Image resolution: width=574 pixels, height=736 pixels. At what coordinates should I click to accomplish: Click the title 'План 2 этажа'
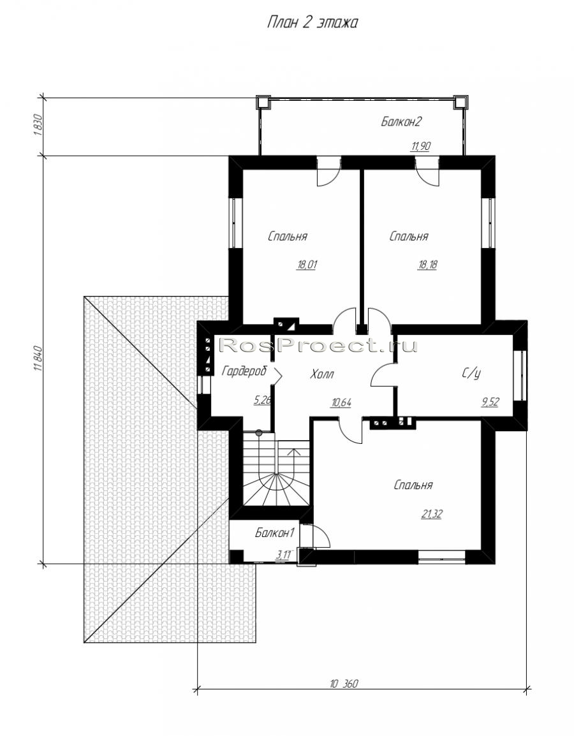click(312, 22)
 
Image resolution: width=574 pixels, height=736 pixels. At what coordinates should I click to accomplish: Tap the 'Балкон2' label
click(401, 122)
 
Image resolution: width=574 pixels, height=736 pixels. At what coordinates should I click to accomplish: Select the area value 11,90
click(420, 147)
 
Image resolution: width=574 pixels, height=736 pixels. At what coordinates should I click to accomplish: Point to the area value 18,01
click(307, 265)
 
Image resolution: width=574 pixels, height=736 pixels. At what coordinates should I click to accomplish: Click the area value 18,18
click(427, 265)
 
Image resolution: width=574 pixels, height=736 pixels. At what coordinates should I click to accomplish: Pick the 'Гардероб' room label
click(244, 371)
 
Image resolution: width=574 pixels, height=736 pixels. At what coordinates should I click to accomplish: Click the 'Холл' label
click(322, 374)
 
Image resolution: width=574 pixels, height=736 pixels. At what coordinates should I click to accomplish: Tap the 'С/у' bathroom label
click(471, 373)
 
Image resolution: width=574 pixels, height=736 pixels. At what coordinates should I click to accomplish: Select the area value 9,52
click(490, 402)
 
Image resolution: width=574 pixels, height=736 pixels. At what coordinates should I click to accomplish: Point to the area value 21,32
click(431, 515)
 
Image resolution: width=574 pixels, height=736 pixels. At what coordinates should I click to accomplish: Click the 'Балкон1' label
click(274, 533)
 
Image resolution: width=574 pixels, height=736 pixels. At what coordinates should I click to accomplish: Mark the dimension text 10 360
click(344, 684)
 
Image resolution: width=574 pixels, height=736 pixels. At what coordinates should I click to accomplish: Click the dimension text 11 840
click(39, 358)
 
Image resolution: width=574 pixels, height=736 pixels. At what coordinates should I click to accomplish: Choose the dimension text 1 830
click(39, 125)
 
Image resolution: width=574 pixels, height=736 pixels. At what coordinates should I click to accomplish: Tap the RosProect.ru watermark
click(318, 346)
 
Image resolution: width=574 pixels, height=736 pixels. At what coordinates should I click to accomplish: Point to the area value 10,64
click(341, 402)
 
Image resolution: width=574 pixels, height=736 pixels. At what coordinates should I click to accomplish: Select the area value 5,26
click(262, 401)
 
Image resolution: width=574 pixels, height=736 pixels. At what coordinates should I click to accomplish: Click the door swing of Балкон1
click(321, 536)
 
